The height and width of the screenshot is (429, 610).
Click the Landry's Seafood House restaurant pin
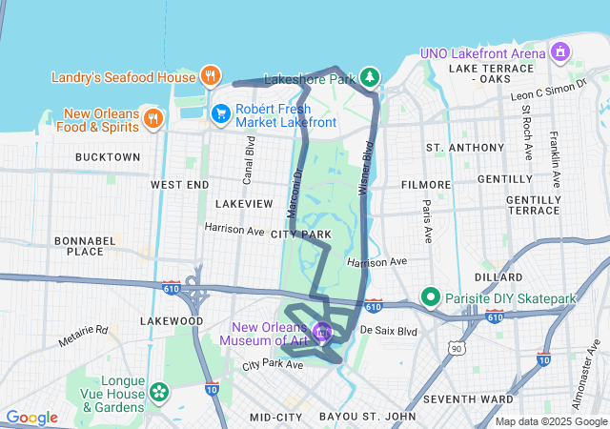(210, 75)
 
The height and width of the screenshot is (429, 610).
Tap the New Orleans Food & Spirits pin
(152, 117)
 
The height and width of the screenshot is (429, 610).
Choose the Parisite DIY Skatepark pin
(430, 298)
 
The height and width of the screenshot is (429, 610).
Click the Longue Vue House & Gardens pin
(157, 392)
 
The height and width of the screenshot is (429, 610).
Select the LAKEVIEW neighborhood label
(244, 204)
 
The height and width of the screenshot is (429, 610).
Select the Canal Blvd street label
(251, 159)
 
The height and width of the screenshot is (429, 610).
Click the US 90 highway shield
(457, 348)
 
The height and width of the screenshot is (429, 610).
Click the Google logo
(31, 418)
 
